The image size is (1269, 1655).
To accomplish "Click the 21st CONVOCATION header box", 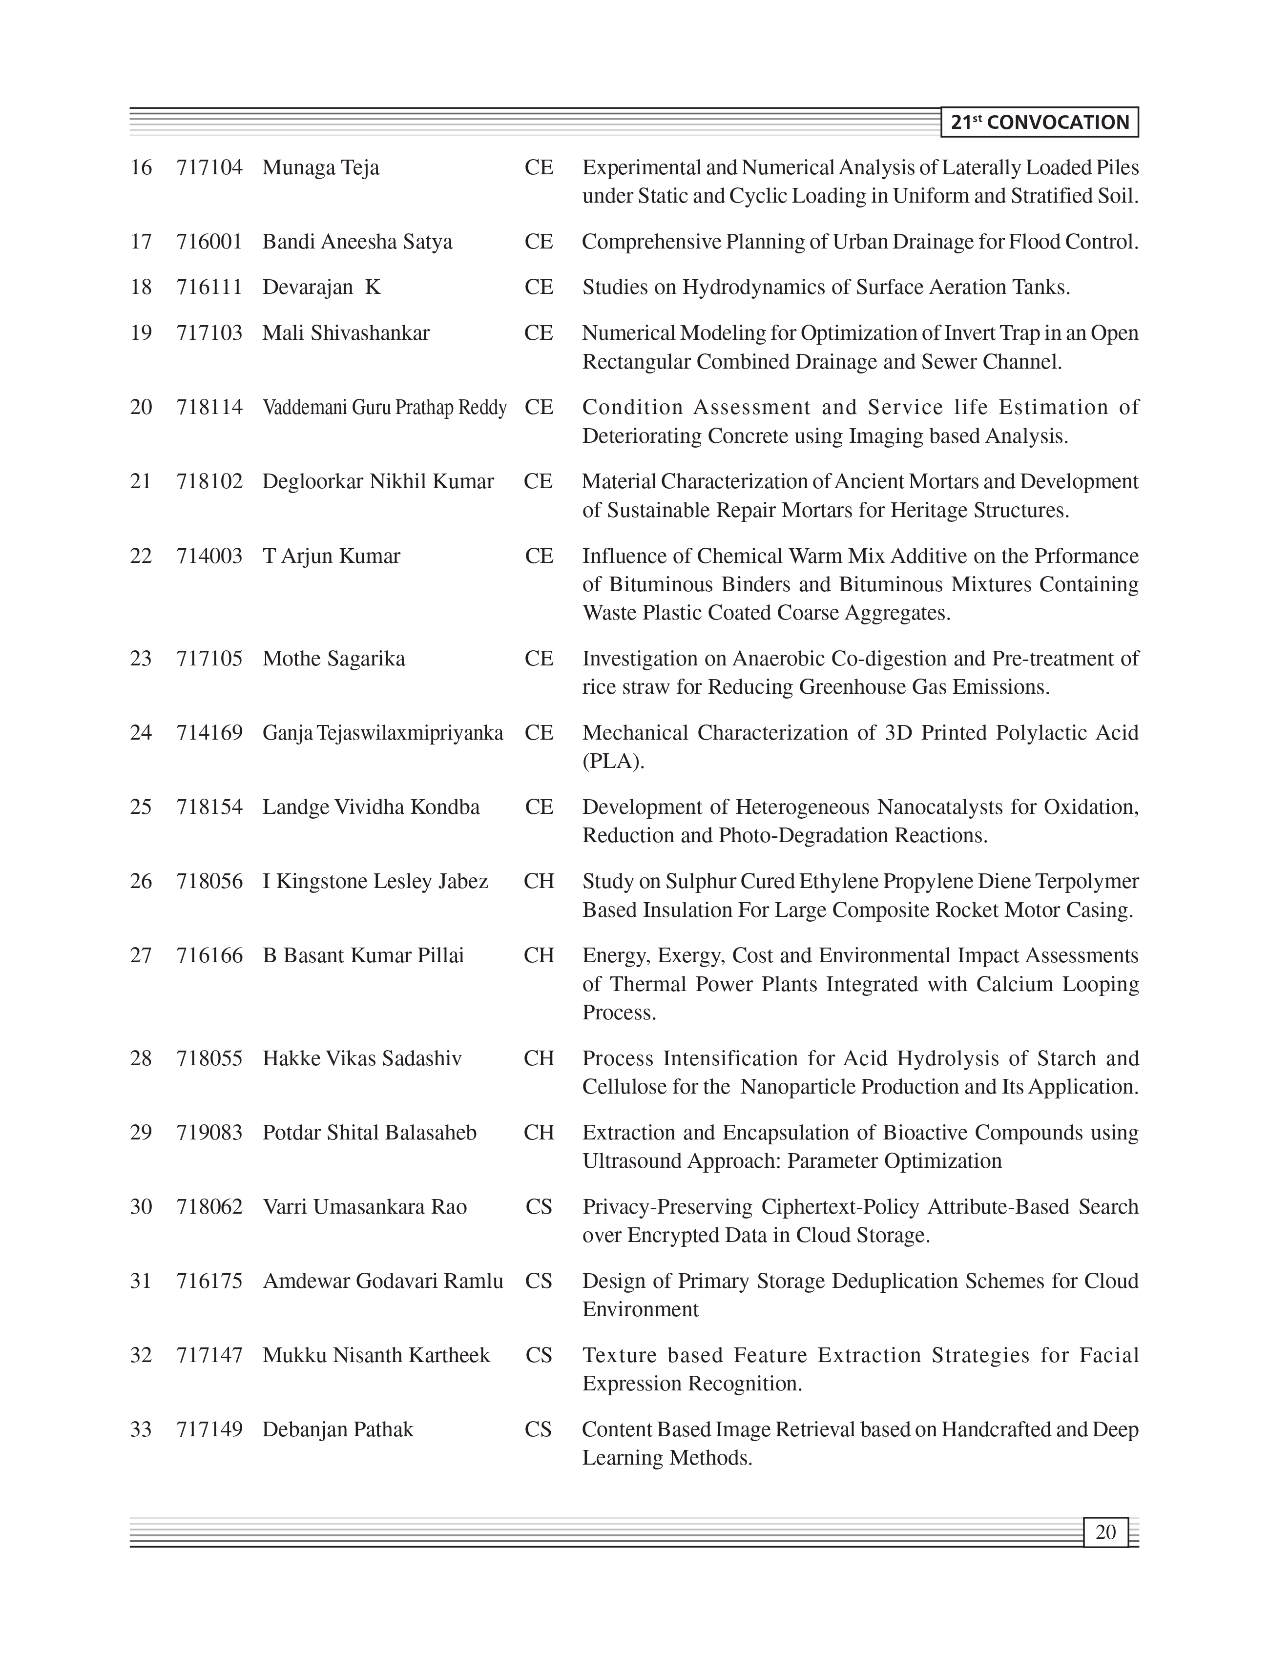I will tap(1040, 123).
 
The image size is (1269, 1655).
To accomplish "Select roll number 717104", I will tap(209, 167).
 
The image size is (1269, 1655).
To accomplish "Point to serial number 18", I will tap(141, 287).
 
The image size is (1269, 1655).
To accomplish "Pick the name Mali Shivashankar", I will tap(346, 332).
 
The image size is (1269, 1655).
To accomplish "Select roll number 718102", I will tap(209, 481).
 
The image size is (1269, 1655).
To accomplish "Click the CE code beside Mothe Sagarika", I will tap(539, 659).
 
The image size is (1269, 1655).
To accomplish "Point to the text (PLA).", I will tap(613, 762).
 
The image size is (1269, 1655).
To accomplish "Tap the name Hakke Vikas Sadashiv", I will tap(362, 1058).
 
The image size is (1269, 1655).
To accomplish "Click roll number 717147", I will tap(209, 1355).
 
